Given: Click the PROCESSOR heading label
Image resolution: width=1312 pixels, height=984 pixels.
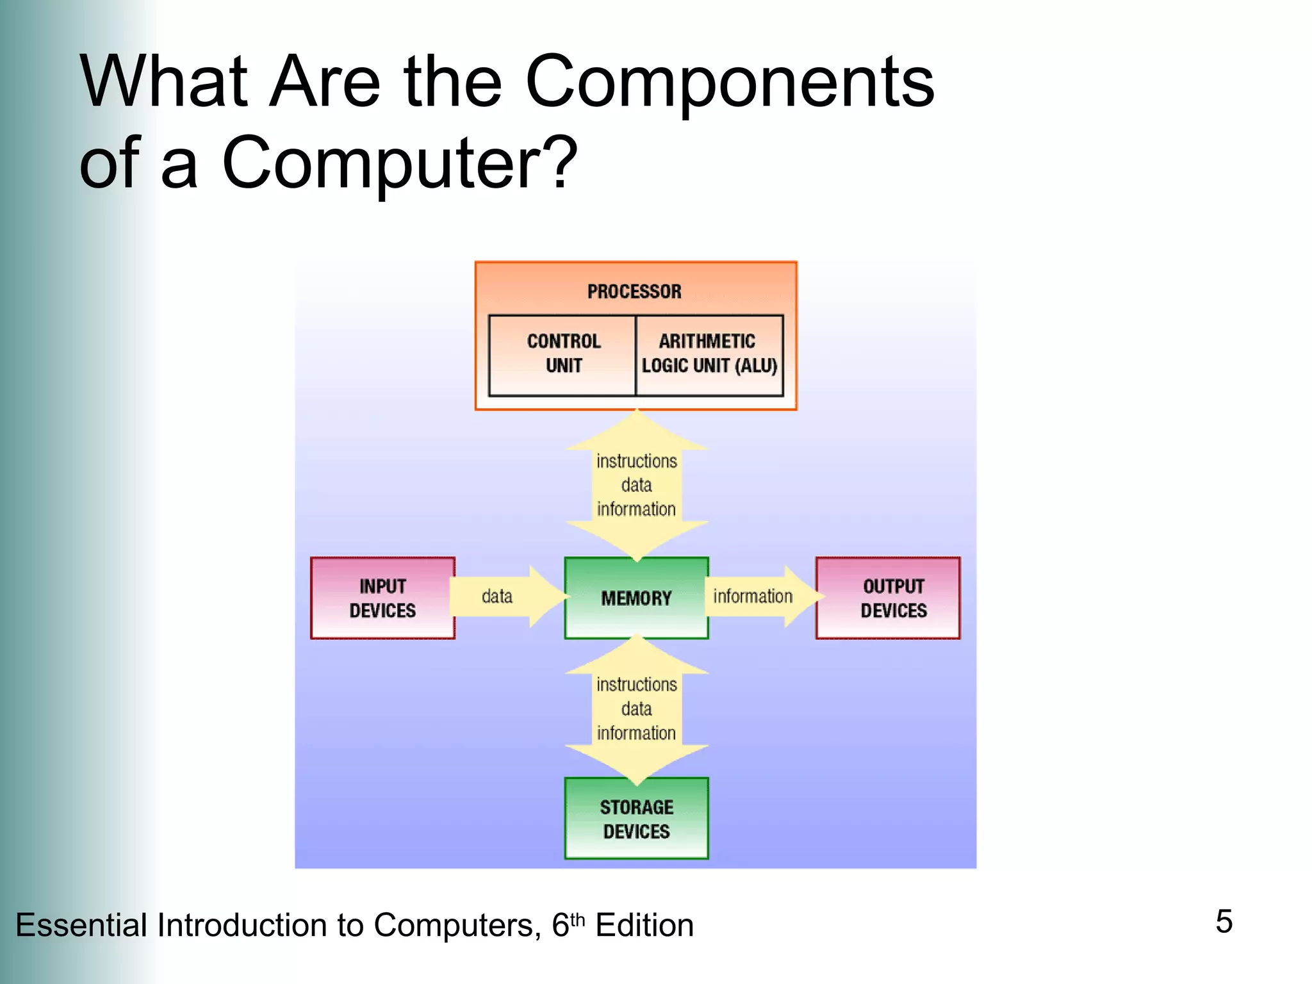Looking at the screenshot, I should [x=634, y=291].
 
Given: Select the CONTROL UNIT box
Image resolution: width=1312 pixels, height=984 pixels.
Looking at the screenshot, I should [x=562, y=354].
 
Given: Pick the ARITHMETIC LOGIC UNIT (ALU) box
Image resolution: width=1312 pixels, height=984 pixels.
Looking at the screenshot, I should [x=709, y=354].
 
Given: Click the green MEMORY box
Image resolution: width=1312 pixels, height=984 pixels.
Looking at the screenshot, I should [x=636, y=598].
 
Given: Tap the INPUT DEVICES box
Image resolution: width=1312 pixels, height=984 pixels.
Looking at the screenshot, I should [x=382, y=598].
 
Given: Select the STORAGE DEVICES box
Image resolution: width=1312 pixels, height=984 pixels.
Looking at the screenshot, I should [x=636, y=819].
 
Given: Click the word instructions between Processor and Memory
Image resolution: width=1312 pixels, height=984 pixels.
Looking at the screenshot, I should [x=636, y=461].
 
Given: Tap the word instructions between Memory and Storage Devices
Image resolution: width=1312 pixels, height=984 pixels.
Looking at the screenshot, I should [x=636, y=685].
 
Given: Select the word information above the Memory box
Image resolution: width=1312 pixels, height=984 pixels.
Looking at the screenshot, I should [x=636, y=509].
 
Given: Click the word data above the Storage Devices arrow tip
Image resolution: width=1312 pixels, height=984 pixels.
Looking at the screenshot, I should [x=636, y=709].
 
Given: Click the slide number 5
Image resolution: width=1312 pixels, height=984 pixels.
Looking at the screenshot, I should [x=1224, y=921].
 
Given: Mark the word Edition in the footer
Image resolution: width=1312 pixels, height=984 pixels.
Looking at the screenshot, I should [x=644, y=926].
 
